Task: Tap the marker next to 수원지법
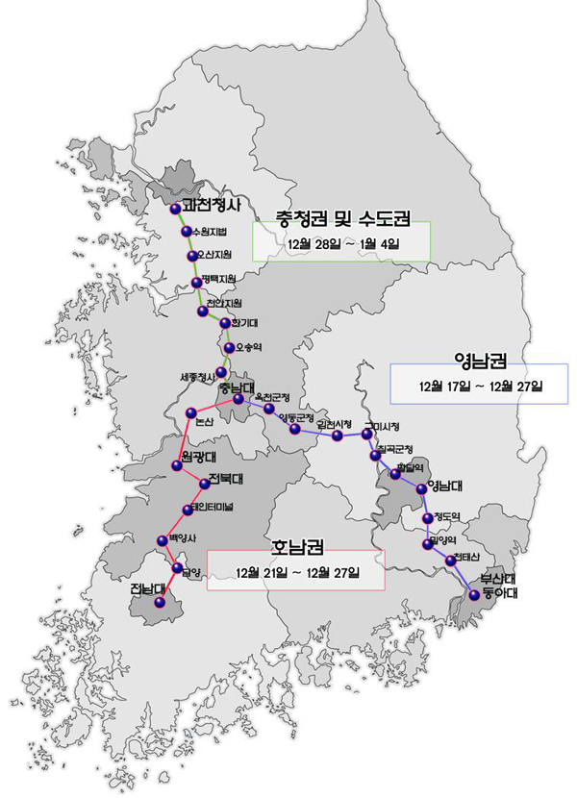[x=187, y=233]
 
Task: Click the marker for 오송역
[x=228, y=347]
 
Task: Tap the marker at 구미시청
[x=366, y=434]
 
